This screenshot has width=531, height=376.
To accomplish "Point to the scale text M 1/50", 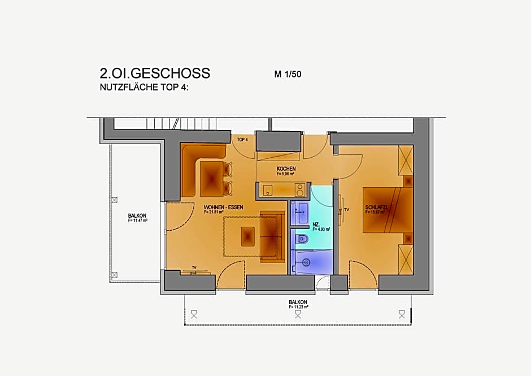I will (288, 74).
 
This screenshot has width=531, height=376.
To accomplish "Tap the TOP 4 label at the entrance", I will (242, 139).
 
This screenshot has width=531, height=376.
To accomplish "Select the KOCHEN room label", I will (286, 169).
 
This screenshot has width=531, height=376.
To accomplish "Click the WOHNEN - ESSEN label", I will (224, 208).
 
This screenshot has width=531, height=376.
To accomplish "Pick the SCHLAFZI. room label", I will (377, 208).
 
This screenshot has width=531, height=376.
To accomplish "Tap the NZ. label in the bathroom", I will (316, 224).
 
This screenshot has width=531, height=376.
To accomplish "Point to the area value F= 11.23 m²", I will (298, 307).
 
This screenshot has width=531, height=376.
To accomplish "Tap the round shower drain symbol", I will (306, 262).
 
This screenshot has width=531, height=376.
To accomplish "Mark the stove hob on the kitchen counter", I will (299, 189).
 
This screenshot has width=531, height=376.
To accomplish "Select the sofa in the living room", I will (272, 237).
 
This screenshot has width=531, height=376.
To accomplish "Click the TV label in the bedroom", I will (347, 209).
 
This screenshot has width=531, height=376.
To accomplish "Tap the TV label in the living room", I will (194, 267).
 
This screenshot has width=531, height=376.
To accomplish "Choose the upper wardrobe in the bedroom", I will (406, 160).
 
